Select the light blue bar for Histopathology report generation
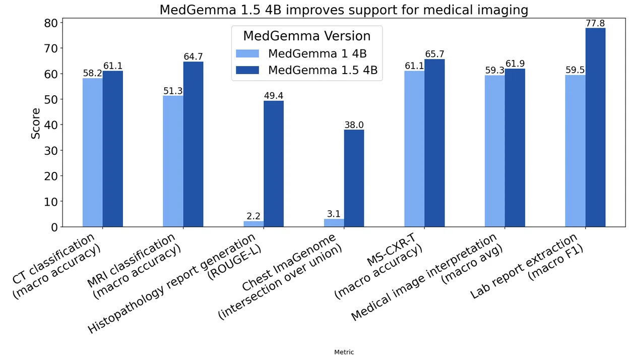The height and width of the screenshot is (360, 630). click(254, 224)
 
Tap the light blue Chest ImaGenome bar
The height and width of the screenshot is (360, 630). click(334, 223)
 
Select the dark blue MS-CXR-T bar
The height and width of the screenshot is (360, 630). click(434, 143)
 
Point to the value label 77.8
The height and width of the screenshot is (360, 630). click(595, 23)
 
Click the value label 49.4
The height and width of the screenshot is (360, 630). click(274, 96)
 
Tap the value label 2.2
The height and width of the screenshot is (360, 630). click(254, 216)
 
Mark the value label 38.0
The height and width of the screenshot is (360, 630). click(354, 125)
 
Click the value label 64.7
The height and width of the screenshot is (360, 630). click(193, 57)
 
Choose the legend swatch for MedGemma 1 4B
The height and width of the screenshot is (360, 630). click(247, 54)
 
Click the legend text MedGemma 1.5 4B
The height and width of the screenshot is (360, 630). click(323, 71)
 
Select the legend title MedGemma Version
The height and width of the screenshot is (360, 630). click(306, 36)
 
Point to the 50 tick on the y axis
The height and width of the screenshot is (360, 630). click(51, 99)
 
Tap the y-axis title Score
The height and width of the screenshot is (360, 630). click(36, 124)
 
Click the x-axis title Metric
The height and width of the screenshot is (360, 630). click(344, 352)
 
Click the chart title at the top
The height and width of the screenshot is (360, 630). click(344, 10)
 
